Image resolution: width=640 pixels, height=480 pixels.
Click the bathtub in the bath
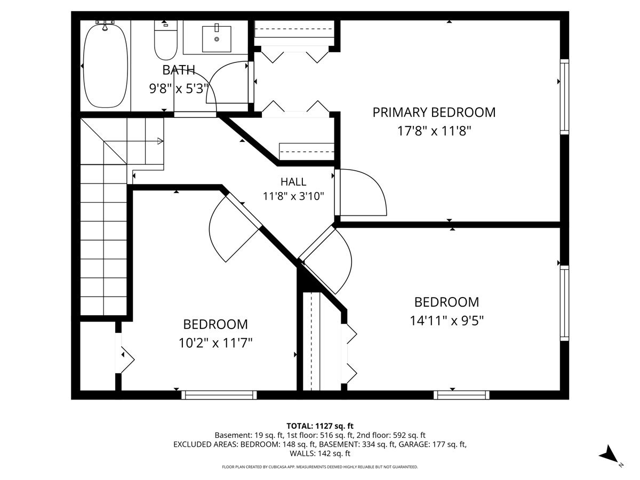(x=105, y=66)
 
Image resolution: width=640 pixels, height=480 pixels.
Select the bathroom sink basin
(x=217, y=39)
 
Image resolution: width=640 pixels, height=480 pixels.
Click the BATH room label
(x=179, y=70)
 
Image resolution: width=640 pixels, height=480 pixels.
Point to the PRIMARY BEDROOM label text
(x=434, y=113)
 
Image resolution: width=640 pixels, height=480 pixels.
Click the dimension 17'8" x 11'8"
(x=434, y=131)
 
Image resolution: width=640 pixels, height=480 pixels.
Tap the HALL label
(x=293, y=182)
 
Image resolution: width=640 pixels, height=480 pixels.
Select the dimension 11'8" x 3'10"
(x=293, y=196)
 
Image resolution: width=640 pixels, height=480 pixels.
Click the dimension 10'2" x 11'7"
(x=215, y=343)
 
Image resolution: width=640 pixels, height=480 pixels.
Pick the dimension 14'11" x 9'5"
(x=447, y=321)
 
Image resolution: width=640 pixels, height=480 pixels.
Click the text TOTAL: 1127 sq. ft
(x=320, y=426)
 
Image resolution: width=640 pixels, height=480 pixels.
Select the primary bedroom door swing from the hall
(x=363, y=193)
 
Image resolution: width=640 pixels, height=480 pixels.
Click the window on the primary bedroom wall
(x=564, y=97)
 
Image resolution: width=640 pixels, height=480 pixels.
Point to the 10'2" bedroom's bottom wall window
(x=219, y=395)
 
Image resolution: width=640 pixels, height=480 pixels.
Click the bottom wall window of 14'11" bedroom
(x=461, y=395)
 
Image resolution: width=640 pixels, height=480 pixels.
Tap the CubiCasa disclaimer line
(x=320, y=467)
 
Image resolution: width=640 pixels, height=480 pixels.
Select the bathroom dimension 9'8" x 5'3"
(x=179, y=89)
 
